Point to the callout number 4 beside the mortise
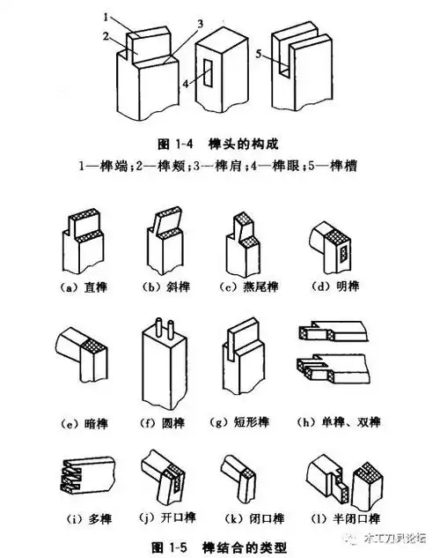pos(186,86)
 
